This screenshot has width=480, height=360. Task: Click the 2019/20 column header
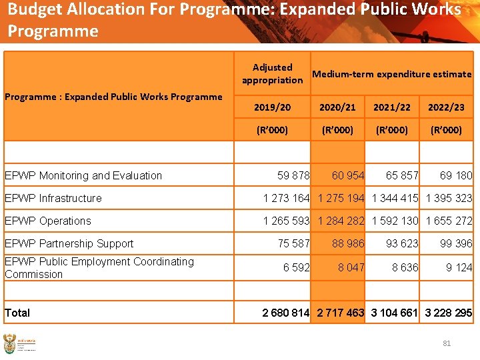pyautogui.click(x=272, y=107)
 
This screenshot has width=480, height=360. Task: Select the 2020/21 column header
pyautogui.click(x=337, y=107)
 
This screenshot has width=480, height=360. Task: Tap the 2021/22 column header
pyautogui.click(x=392, y=107)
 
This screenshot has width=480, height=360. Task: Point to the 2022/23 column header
pyautogui.click(x=446, y=107)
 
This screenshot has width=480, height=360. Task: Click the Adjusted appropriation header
pyautogui.click(x=272, y=73)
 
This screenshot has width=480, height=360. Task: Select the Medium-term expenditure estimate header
pyautogui.click(x=391, y=74)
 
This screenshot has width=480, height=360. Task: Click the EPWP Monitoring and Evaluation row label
pyautogui.click(x=83, y=175)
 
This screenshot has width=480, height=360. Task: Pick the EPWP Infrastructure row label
pyautogui.click(x=53, y=198)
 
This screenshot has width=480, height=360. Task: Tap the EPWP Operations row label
pyautogui.click(x=48, y=221)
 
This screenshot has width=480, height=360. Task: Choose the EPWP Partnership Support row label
pyautogui.click(x=69, y=243)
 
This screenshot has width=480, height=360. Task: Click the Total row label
pyautogui.click(x=17, y=312)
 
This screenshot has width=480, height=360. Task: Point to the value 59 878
pyautogui.click(x=293, y=175)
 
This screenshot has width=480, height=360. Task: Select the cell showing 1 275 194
pyautogui.click(x=341, y=198)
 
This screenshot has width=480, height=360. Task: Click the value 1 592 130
pyautogui.click(x=395, y=221)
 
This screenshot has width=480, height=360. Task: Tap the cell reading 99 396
pyautogui.click(x=456, y=243)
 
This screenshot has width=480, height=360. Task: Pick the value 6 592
pyautogui.click(x=297, y=267)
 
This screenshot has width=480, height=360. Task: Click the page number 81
pyautogui.click(x=447, y=343)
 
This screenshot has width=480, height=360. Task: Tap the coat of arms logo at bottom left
pyautogui.click(x=10, y=344)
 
